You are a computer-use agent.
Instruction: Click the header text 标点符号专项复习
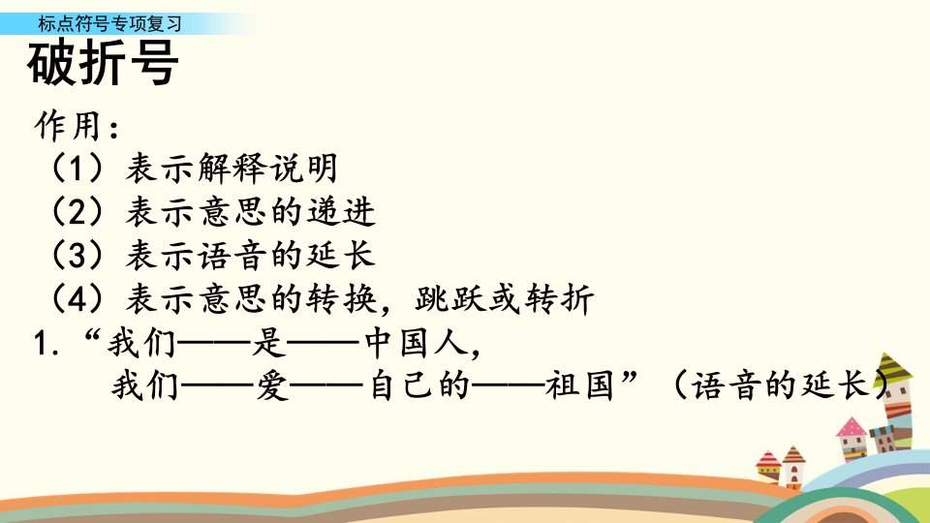(x=109, y=23)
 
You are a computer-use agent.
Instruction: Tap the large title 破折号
(x=103, y=63)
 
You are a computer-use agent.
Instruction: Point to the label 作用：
(x=77, y=126)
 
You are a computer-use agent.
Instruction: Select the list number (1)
(x=77, y=168)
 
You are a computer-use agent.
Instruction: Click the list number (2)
(x=77, y=212)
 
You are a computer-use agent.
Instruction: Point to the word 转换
(x=342, y=299)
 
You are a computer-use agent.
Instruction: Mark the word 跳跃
(x=450, y=299)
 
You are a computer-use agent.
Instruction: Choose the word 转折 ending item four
(x=559, y=299)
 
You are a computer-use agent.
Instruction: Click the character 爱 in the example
(x=273, y=385)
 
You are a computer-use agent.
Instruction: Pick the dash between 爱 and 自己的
(x=326, y=386)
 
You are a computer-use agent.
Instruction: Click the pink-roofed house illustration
(x=852, y=438)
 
